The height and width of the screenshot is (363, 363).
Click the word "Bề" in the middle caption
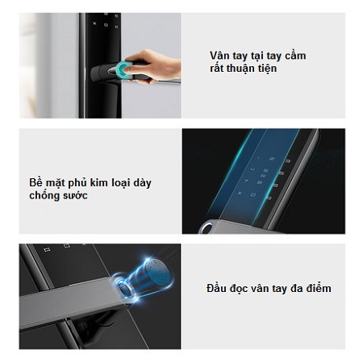click(x=35, y=182)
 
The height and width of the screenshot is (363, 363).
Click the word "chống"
click(x=44, y=196)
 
